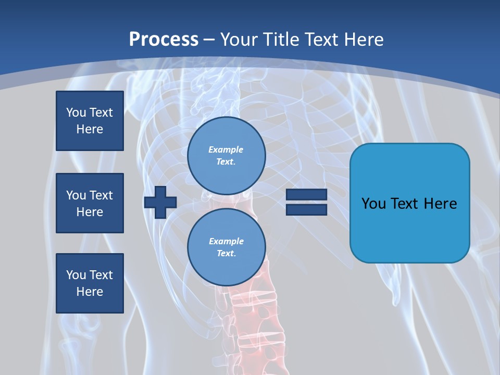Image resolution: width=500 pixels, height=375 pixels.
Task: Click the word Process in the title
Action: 164,40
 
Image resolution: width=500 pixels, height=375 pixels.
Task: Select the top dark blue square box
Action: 90,121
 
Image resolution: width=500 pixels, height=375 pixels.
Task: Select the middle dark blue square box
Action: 90,203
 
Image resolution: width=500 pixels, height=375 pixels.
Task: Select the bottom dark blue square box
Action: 90,283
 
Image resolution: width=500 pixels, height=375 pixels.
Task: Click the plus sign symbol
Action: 160,202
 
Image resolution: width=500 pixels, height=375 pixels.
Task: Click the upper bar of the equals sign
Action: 306,195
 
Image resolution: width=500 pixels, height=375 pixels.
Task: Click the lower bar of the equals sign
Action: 306,209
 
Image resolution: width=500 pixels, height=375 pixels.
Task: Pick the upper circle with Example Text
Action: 226,156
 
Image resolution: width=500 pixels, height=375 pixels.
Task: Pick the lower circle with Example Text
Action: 226,247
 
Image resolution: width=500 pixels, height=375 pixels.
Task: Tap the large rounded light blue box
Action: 409,229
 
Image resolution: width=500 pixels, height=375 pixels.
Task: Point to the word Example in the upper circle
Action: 226,149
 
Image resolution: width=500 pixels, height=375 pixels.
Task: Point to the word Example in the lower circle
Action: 226,241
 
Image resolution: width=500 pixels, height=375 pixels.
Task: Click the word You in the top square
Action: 76,113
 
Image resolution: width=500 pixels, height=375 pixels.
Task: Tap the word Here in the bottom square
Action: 90,292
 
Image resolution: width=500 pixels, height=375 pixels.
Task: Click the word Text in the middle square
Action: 101,195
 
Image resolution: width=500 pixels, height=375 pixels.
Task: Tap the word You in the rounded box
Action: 373,204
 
